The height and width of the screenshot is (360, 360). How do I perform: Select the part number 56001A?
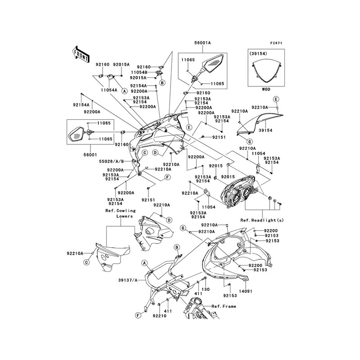pos(202,43)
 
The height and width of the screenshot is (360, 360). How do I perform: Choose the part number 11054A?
pos(108,90)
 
